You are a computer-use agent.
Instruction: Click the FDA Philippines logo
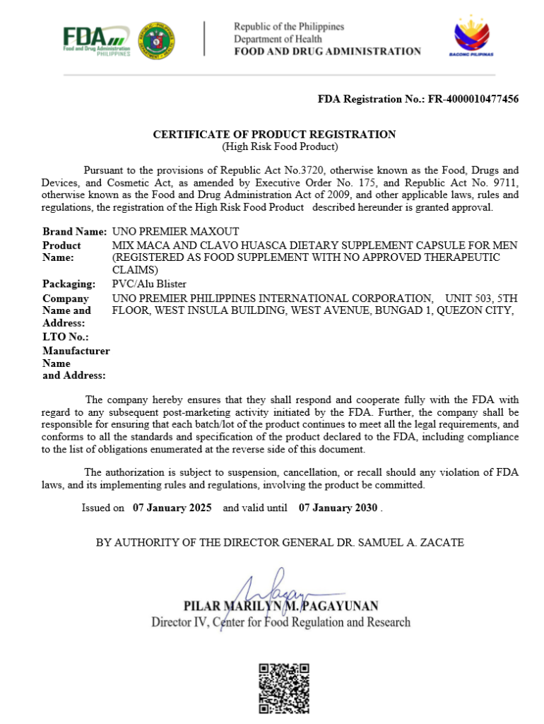95,41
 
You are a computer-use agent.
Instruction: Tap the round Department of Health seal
157,41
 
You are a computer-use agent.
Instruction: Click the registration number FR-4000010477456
473,99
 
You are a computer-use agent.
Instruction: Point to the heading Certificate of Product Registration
275,134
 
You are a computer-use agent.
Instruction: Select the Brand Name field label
74,231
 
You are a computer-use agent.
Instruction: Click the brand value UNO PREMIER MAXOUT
176,231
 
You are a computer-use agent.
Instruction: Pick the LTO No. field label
61,337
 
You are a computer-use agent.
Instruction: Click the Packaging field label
69,284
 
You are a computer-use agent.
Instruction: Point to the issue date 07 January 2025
172,508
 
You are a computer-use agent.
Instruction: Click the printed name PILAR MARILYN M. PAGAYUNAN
280,606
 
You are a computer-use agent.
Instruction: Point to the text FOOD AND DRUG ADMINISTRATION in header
327,51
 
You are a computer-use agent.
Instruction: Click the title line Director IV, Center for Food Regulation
280,622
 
